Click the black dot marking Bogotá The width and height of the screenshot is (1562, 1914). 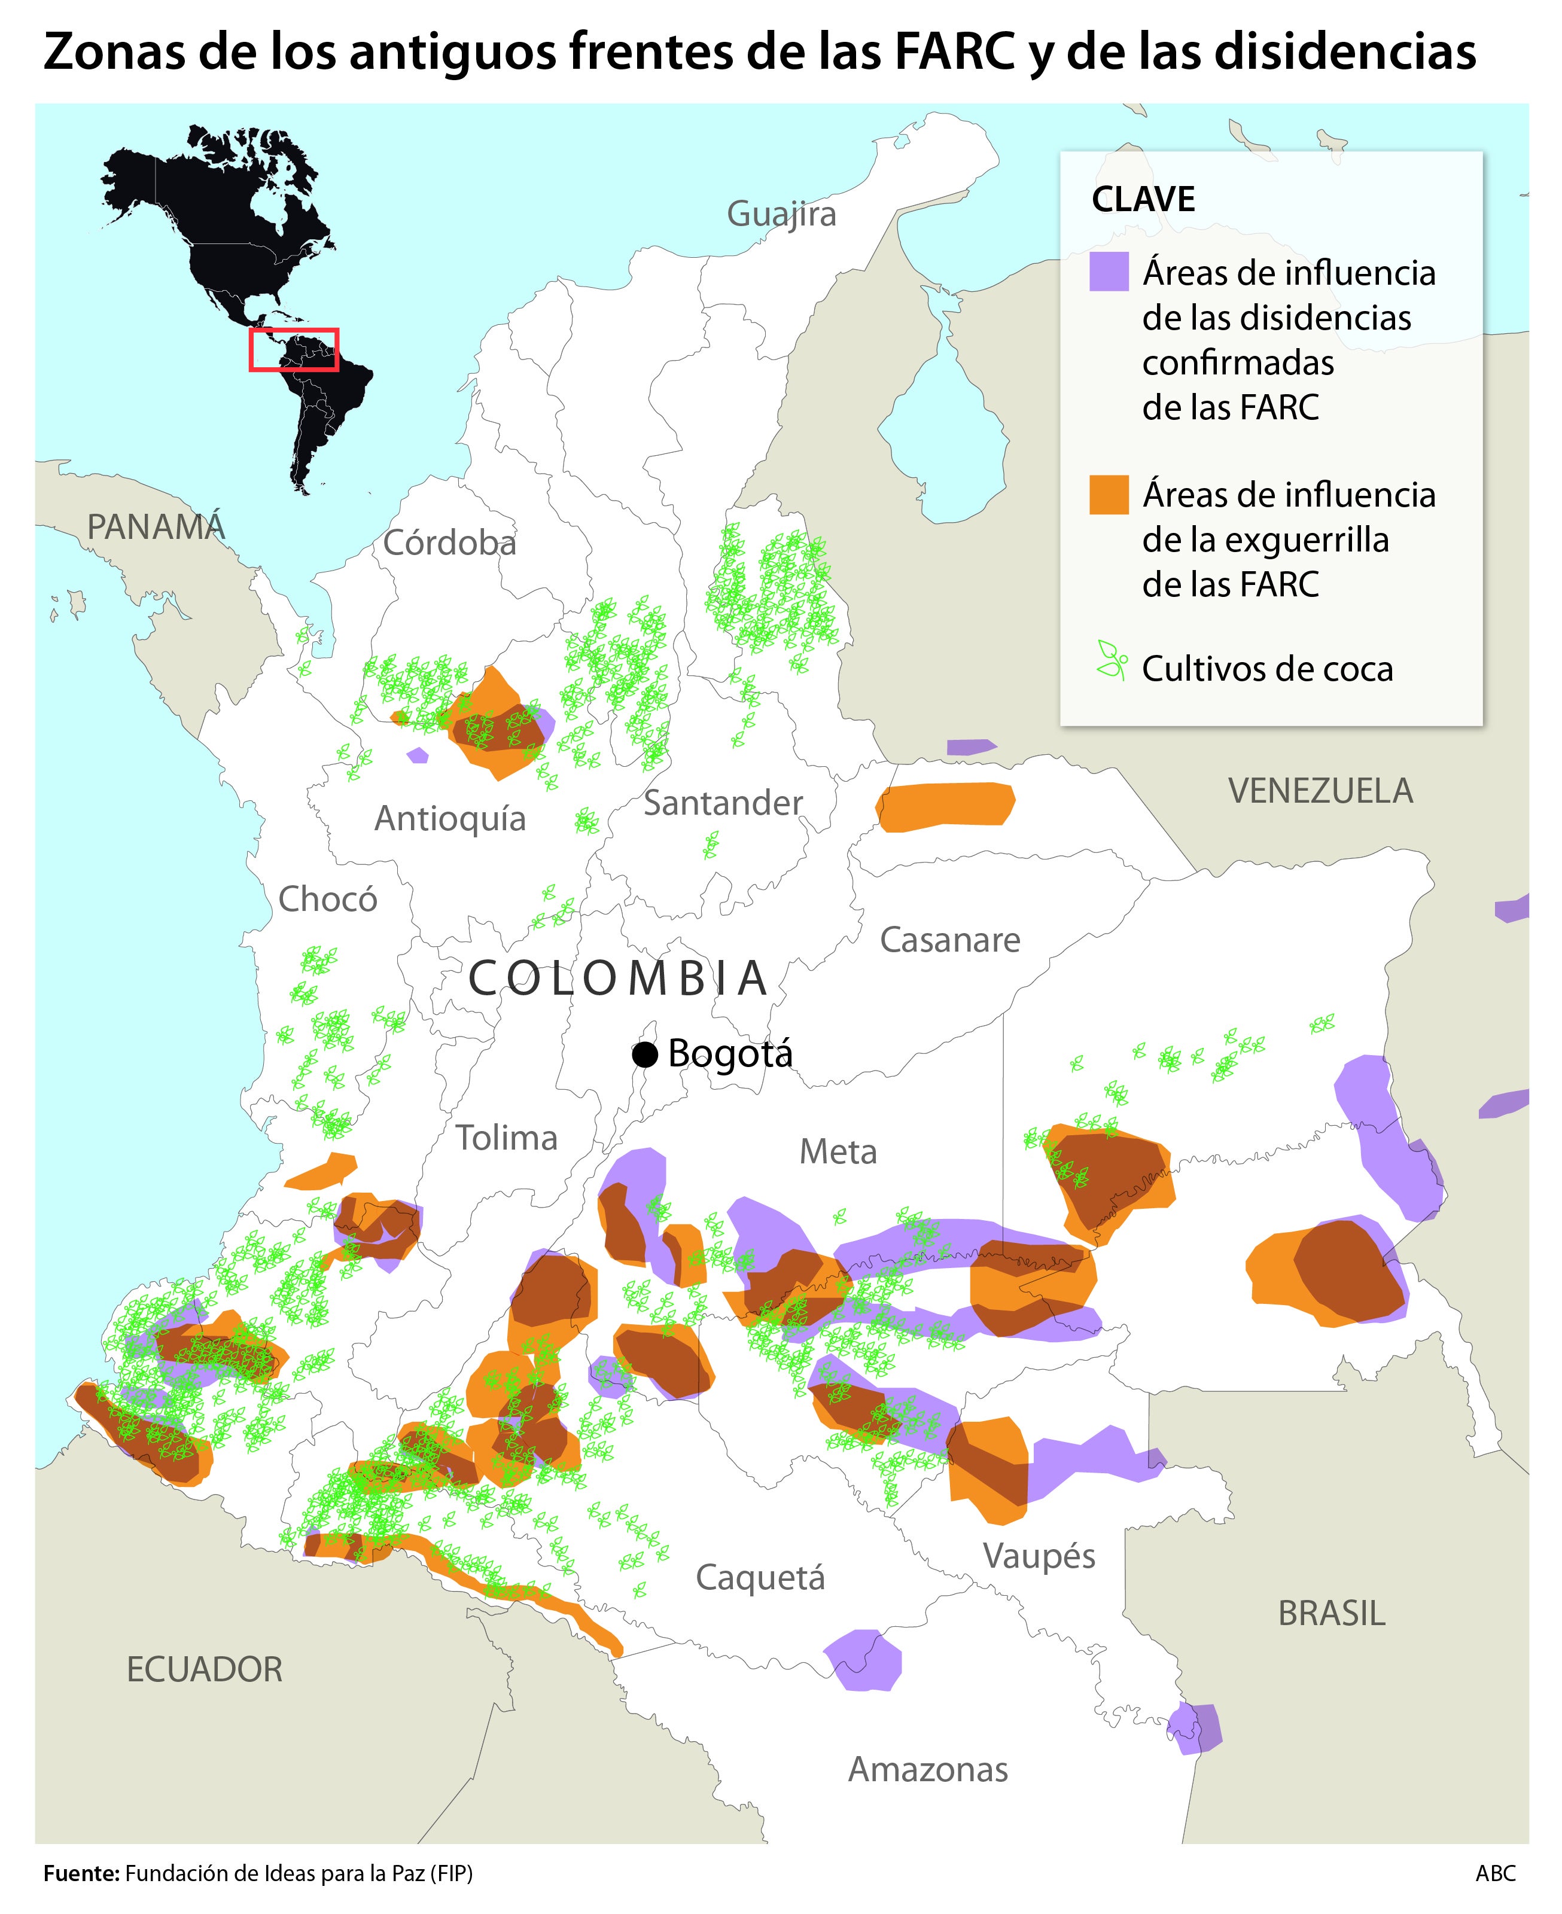644,1054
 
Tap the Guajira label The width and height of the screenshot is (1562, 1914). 781,214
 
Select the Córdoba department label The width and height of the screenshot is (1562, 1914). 449,543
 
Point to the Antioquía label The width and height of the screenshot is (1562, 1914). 450,818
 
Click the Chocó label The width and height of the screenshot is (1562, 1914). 327,898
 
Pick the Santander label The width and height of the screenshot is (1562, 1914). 723,803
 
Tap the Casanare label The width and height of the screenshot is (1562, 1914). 949,940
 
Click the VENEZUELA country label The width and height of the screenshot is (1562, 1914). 1320,791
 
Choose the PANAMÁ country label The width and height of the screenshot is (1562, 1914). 156,527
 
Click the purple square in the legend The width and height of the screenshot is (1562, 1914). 1109,272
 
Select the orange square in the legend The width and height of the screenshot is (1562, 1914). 1109,495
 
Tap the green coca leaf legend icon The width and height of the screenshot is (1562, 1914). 1111,660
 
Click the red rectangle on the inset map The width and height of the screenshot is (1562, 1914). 293,350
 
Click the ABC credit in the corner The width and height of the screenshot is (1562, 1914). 1494,1873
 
